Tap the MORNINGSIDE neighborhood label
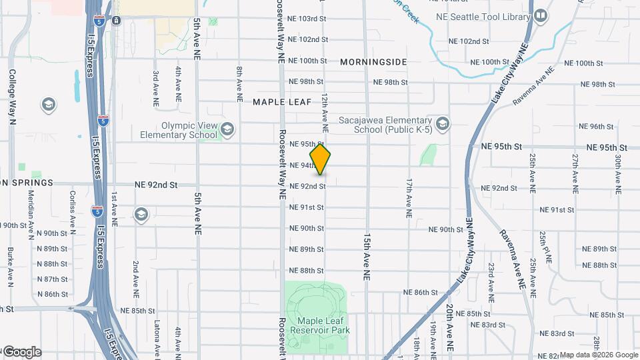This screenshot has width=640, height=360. tap(373, 62)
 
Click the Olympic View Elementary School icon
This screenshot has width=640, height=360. tap(227, 129)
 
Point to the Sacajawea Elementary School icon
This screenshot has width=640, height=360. tap(442, 123)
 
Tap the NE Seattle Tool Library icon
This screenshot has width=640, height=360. tap(540, 15)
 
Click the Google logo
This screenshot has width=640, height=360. tap(21, 351)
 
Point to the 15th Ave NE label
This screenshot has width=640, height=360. tap(367, 256)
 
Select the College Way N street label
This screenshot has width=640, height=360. tap(12, 97)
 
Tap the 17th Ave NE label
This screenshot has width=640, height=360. tap(409, 198)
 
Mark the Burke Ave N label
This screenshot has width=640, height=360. tap(11, 267)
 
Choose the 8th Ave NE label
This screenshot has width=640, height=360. tap(239, 83)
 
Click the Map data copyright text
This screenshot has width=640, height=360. tap(598, 355)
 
